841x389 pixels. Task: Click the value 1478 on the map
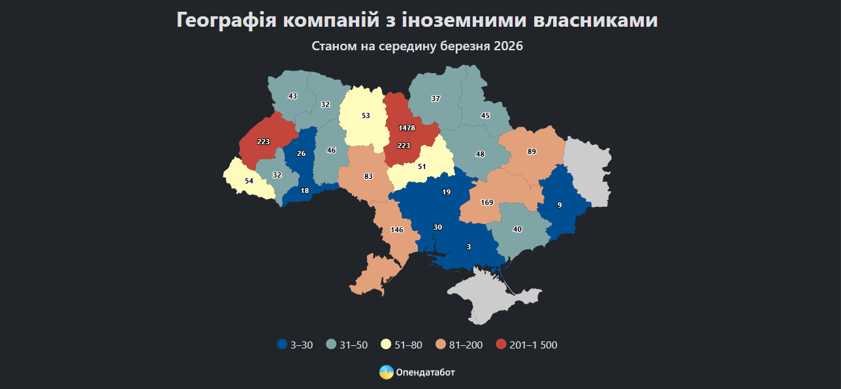[x=407, y=128]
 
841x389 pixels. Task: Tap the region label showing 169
[x=486, y=202]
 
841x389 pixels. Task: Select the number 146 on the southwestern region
[x=397, y=230]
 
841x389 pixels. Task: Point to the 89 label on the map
[x=532, y=151]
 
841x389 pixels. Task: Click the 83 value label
[x=368, y=176]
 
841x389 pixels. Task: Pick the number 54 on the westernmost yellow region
[x=248, y=181]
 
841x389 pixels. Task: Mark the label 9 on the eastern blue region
[x=560, y=205]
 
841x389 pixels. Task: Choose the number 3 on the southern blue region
[x=469, y=247]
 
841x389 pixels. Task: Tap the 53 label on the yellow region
[x=366, y=116]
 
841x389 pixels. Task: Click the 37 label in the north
[x=436, y=99]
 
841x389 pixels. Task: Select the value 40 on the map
[x=517, y=229]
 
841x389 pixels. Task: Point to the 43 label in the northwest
[x=293, y=96]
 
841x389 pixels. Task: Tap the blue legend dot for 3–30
[x=282, y=345]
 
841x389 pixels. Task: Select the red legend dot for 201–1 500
[x=501, y=345]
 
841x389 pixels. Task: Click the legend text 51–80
[x=409, y=345]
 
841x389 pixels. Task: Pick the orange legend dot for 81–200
[x=441, y=345]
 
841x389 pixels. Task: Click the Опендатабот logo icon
[x=386, y=372]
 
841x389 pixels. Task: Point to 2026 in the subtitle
[x=509, y=47]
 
